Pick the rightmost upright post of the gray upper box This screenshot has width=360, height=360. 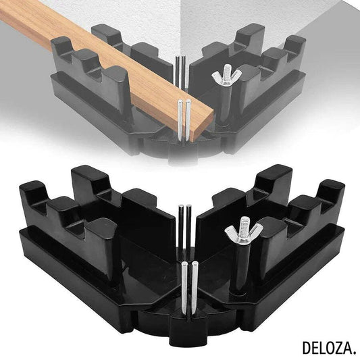pos(294,51)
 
